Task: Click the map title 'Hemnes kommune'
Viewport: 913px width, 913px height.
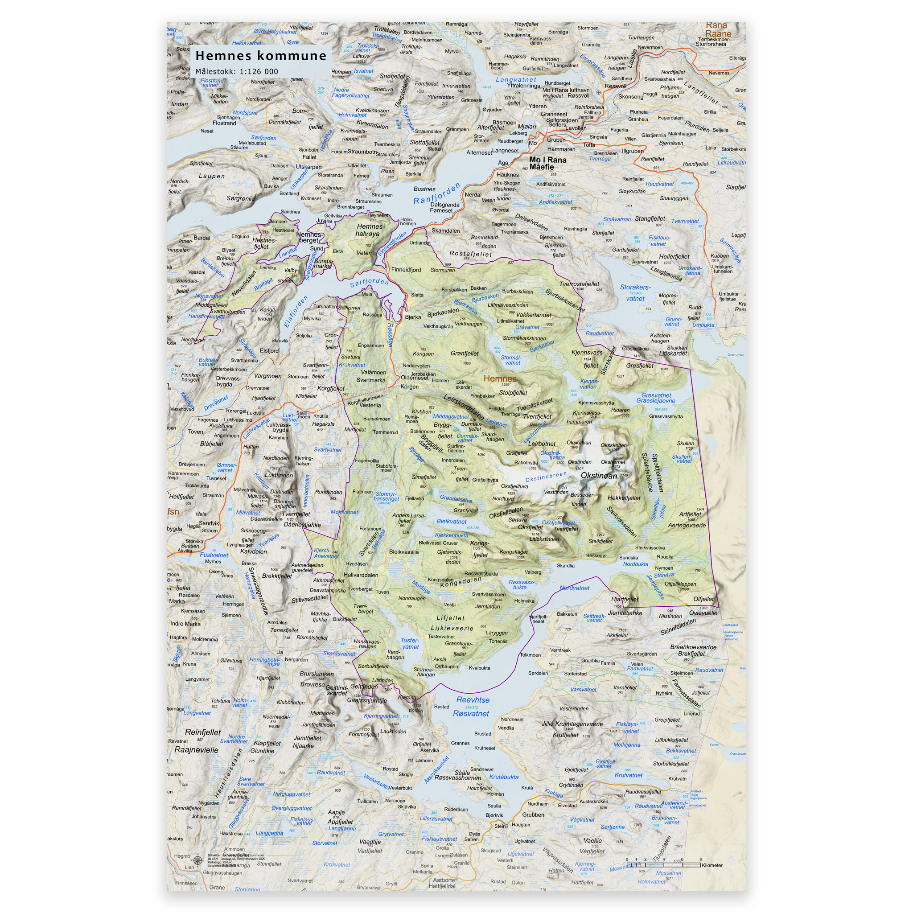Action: pos(260,56)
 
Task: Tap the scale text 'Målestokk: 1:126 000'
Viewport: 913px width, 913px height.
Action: pos(237,72)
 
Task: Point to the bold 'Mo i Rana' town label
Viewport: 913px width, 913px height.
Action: pos(548,163)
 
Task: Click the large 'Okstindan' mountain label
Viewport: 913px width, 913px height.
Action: pos(598,476)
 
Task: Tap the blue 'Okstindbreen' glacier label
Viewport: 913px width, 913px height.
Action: pos(545,477)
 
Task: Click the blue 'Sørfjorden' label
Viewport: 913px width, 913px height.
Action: pos(369,282)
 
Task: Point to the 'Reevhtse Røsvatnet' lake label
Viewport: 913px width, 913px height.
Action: pos(472,707)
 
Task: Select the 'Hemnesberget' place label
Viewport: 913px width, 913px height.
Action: pos(309,237)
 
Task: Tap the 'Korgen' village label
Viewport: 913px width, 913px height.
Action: pos(409,387)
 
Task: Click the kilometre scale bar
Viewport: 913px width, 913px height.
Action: pos(663,865)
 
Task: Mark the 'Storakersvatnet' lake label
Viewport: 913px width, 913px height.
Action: pos(635,292)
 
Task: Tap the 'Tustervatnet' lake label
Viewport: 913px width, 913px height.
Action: pos(410,644)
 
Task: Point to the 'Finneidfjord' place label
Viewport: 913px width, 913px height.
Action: pos(406,270)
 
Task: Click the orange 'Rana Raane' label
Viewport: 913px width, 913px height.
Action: pos(718,29)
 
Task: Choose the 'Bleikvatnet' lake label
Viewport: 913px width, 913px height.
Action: pos(451,522)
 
